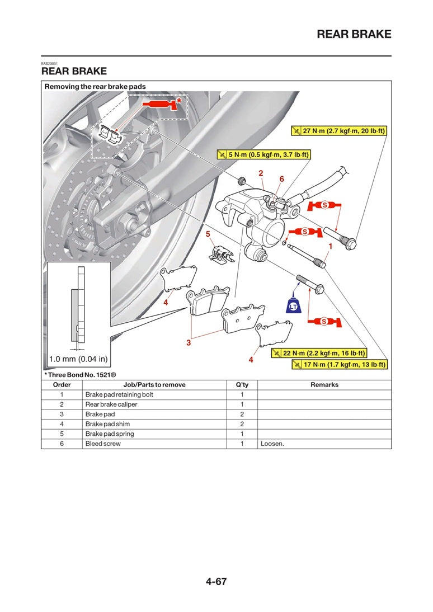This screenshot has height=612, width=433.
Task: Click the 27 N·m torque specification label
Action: tap(340, 131)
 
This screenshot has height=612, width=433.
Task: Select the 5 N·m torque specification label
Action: tap(263, 154)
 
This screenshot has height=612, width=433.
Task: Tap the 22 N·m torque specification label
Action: tap(319, 353)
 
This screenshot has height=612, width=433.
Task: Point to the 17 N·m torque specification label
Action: tap(340, 365)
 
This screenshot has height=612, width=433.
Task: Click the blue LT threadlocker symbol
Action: tap(293, 306)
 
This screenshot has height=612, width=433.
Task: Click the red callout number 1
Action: tap(330, 246)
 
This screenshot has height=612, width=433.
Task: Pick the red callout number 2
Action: tap(261, 173)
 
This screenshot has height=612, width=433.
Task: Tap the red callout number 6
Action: tap(281, 179)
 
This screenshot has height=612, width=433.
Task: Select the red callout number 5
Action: tap(208, 233)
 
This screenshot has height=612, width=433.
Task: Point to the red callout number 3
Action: tap(189, 342)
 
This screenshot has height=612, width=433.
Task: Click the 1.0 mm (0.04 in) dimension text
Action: tap(78, 359)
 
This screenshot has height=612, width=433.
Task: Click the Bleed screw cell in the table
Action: tap(103, 444)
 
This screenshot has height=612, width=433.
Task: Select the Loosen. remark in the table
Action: tap(272, 444)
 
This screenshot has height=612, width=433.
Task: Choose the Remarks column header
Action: tap(324, 385)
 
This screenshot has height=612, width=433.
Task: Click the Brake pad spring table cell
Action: tap(110, 434)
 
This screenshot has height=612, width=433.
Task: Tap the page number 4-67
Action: tap(216, 581)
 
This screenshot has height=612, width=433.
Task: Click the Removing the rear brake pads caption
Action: tap(95, 87)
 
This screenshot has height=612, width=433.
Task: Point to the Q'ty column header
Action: tap(242, 385)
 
